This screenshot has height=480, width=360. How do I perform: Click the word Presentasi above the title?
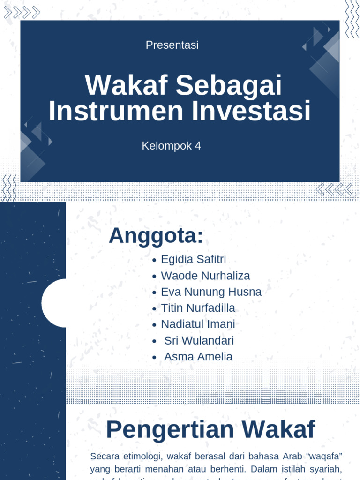point(172,45)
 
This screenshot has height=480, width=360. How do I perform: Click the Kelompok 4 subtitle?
point(171,146)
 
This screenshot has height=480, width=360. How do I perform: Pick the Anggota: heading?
point(156,236)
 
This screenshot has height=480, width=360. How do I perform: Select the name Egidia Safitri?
point(193,259)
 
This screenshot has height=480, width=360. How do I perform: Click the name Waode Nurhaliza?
point(205,276)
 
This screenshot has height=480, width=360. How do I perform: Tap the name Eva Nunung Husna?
point(211,292)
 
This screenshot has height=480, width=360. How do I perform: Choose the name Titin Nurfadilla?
point(198,308)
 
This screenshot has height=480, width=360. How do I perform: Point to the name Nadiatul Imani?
point(198,324)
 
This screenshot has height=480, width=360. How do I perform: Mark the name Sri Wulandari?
point(199,341)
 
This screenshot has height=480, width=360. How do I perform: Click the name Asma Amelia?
point(198,357)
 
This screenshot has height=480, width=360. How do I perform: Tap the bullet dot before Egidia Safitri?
point(154,260)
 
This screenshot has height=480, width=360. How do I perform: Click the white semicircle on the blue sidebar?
point(53,303)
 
